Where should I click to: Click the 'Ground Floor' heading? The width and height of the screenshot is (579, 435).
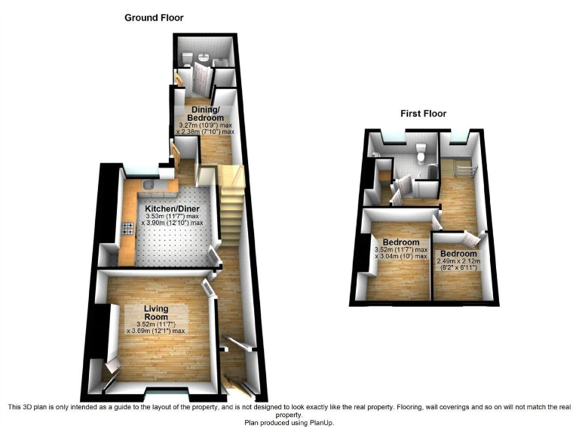pyautogui.click(x=154, y=17)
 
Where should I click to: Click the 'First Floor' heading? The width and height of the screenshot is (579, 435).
pyautogui.click(x=423, y=114)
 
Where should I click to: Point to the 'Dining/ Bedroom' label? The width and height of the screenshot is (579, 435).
pyautogui.click(x=207, y=113)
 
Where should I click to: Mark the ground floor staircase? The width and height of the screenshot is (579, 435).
pyautogui.click(x=231, y=204)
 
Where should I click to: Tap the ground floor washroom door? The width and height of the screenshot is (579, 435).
pyautogui.click(x=200, y=78)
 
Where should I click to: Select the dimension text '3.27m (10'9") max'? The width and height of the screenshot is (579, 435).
pyautogui.click(x=205, y=125)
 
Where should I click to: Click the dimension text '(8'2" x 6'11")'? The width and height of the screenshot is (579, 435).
pyautogui.click(x=458, y=269)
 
